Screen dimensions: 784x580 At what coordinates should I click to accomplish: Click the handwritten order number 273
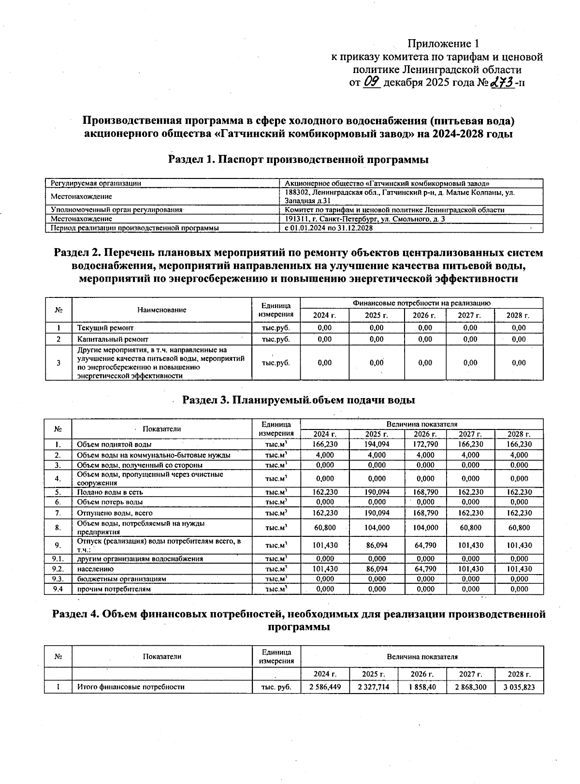click(x=501, y=82)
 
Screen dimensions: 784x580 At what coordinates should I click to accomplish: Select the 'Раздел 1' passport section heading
click(x=298, y=160)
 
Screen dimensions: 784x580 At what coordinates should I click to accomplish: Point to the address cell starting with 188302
click(x=399, y=196)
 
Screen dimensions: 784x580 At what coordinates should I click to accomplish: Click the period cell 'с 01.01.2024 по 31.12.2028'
click(x=329, y=228)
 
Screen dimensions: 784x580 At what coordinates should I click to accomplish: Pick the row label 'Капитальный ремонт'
click(x=113, y=339)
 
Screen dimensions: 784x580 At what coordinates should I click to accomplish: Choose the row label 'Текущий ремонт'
click(x=105, y=328)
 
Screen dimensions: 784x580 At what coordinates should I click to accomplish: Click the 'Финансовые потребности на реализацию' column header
click(x=421, y=303)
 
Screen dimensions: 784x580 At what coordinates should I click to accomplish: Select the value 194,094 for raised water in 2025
click(x=377, y=444)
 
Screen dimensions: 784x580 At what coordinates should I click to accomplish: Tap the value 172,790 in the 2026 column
click(x=425, y=444)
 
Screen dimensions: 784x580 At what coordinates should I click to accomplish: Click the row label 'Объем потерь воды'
click(x=110, y=502)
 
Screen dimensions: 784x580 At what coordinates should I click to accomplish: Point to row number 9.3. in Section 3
click(x=58, y=578)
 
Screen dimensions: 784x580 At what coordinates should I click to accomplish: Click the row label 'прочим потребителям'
click(x=114, y=589)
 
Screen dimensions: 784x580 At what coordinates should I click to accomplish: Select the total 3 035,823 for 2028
click(x=519, y=687)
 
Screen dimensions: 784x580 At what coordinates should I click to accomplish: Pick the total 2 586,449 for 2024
click(x=324, y=687)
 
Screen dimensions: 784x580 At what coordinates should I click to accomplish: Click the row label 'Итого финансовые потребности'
click(x=130, y=687)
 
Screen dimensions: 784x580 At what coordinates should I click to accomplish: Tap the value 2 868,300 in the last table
click(x=470, y=687)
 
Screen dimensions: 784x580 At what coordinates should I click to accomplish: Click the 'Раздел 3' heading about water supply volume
click(x=298, y=400)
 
